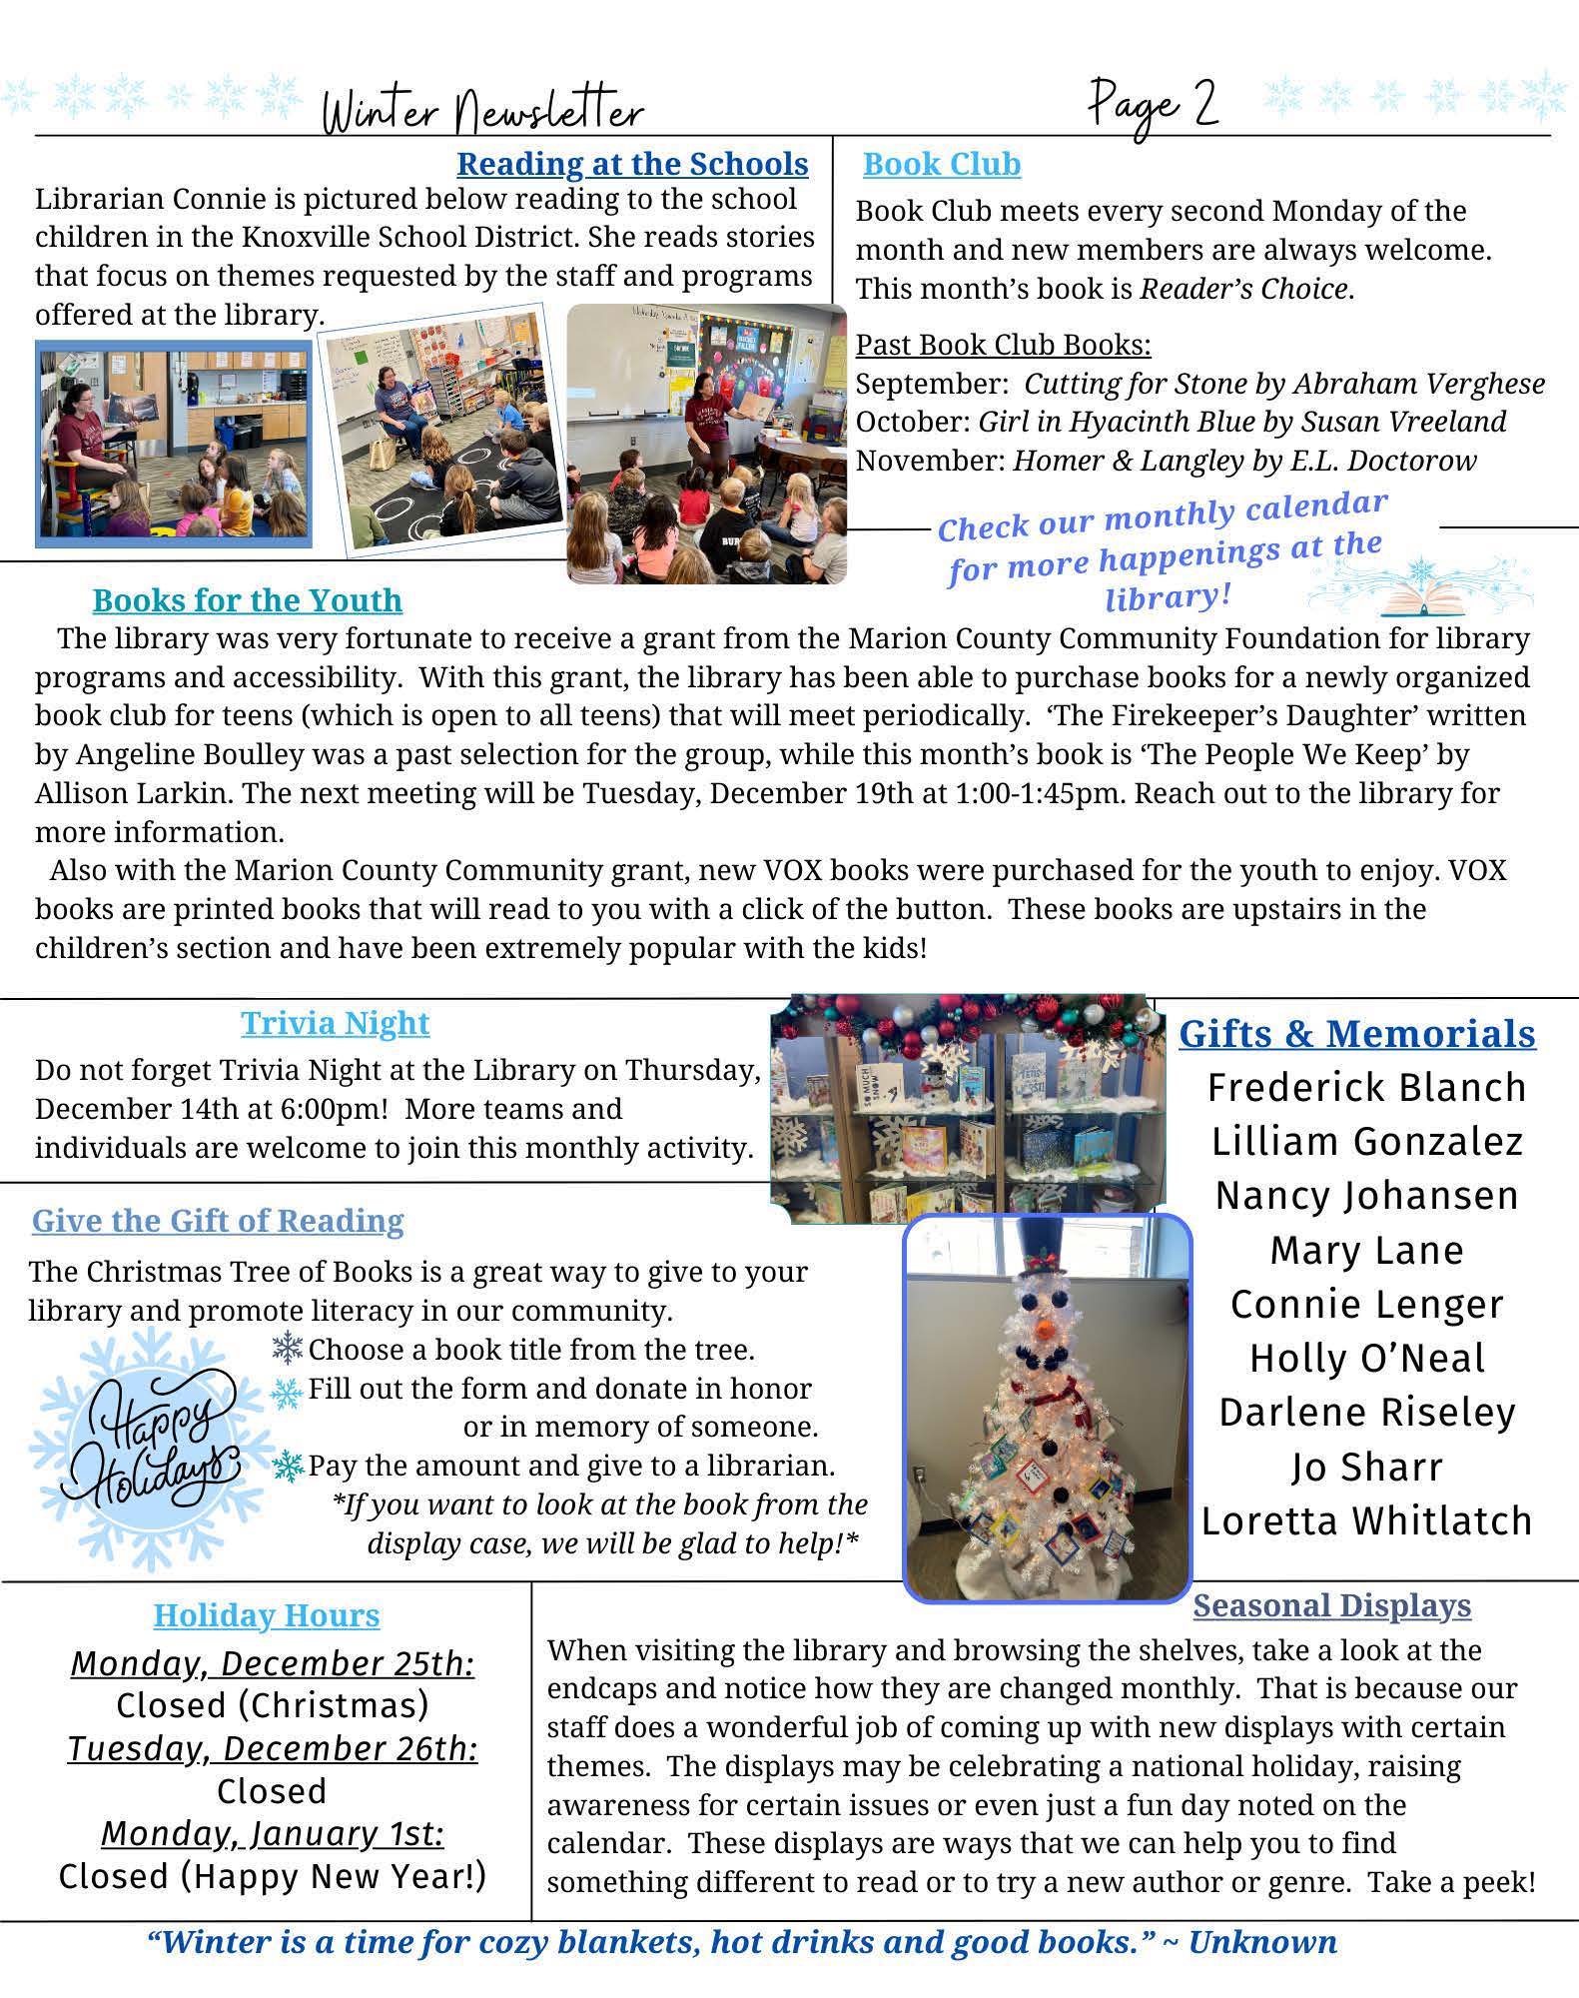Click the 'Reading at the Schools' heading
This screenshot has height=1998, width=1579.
click(x=632, y=164)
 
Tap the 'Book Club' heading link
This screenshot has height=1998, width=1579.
click(x=942, y=164)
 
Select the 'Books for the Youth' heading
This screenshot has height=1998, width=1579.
click(x=248, y=600)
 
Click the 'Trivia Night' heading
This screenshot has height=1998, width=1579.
click(x=336, y=1023)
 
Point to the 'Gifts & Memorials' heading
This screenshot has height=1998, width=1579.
click(x=1357, y=1033)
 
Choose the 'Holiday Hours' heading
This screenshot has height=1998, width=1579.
click(x=267, y=1615)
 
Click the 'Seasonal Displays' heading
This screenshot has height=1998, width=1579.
click(x=1332, y=1605)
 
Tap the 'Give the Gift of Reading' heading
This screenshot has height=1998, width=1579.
click(x=218, y=1221)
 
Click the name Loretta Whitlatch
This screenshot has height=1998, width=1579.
click(x=1366, y=1520)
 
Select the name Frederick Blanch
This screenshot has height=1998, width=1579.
click(x=1366, y=1087)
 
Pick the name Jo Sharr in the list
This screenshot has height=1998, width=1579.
click(x=1366, y=1467)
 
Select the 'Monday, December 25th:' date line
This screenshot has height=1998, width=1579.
click(x=273, y=1664)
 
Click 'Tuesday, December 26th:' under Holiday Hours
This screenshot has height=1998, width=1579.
click(x=273, y=1749)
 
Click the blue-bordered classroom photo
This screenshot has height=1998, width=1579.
click(x=174, y=444)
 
